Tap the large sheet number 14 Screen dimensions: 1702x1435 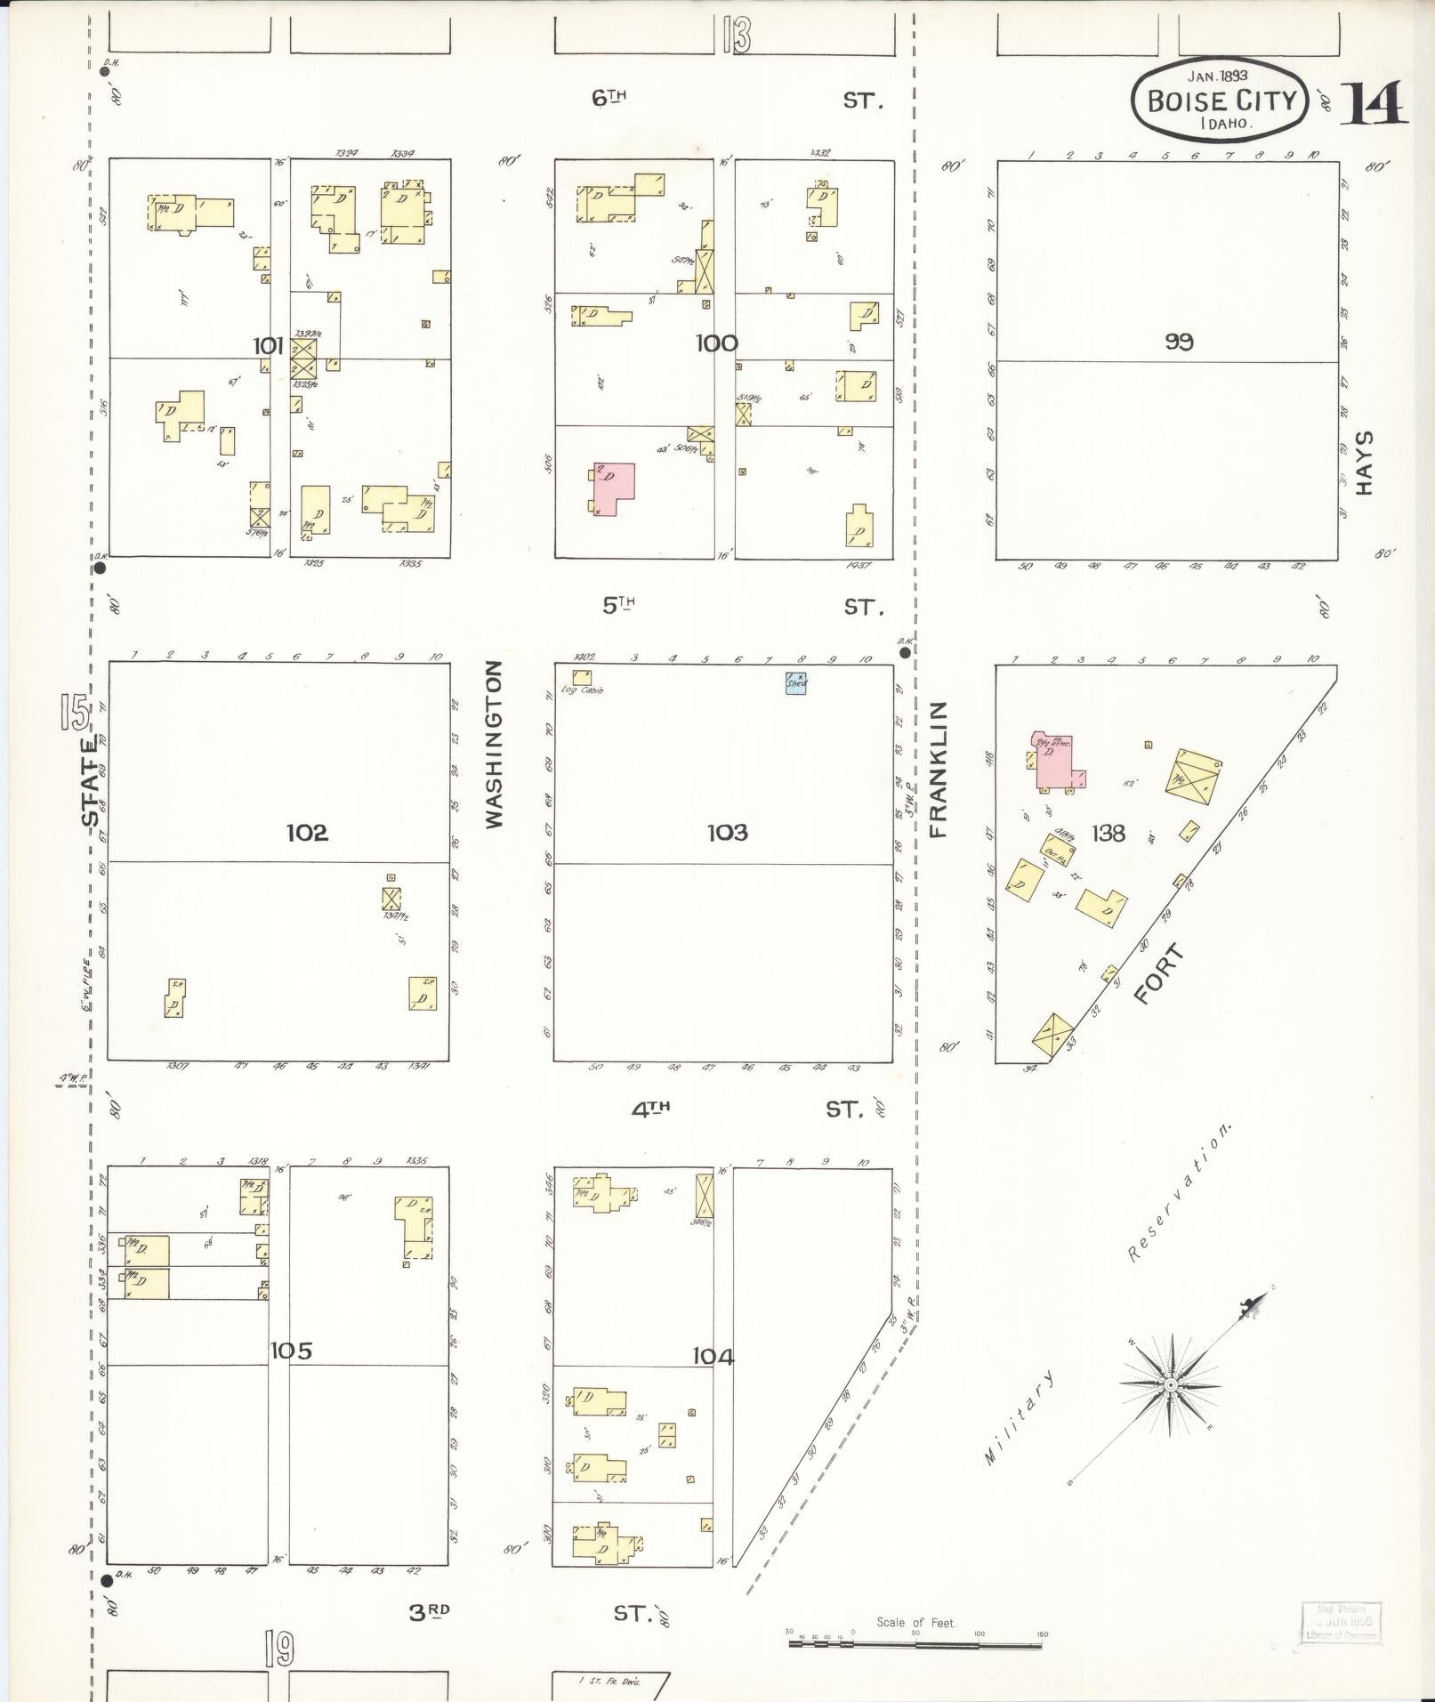[1374, 104]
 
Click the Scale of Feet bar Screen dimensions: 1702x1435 [915, 1644]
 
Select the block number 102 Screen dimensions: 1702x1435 [307, 833]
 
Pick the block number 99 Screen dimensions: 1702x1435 [1179, 342]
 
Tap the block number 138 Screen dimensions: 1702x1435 [1108, 833]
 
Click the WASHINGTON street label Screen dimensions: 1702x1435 [496, 744]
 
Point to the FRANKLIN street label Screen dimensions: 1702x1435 [938, 770]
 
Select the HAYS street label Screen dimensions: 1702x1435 [1365, 464]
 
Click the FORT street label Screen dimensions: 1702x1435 [1159, 975]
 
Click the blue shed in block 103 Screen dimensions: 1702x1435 [795, 682]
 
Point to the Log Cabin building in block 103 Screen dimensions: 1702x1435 [582, 678]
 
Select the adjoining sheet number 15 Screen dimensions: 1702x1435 [75, 712]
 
